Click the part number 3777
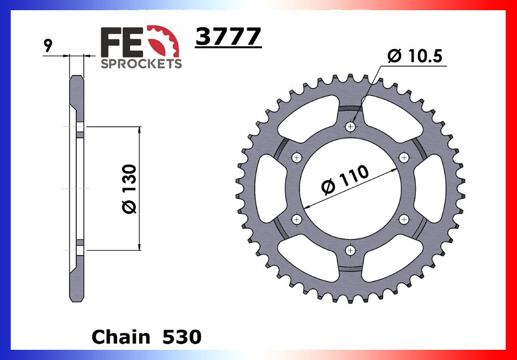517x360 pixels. point(228,37)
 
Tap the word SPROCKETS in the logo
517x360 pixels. point(141,63)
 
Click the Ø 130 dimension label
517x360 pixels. point(130,189)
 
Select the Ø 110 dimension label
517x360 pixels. point(345,180)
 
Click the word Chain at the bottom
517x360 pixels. point(120,337)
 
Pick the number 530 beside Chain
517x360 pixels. point(182,337)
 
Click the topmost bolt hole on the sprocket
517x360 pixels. point(351,127)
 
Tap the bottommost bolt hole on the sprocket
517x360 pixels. point(351,250)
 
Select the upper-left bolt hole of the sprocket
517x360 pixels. point(298,158)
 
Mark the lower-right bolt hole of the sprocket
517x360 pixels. point(403,219)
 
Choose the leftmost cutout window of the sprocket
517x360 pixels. point(269,188)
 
